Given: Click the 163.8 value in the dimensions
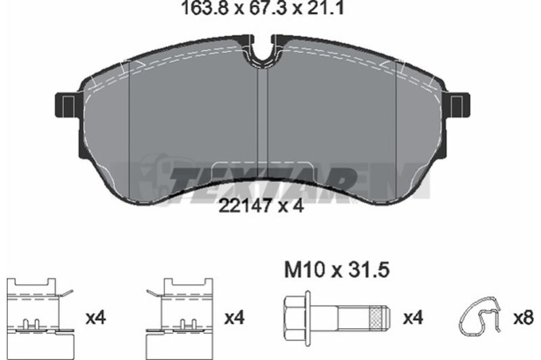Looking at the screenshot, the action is pos(205,8).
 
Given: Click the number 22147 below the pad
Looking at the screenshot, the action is pos(244,206).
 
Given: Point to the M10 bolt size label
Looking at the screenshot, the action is pos(305,270).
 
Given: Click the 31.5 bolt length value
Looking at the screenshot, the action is pos(369,270).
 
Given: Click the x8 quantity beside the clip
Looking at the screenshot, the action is pos(523,317).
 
